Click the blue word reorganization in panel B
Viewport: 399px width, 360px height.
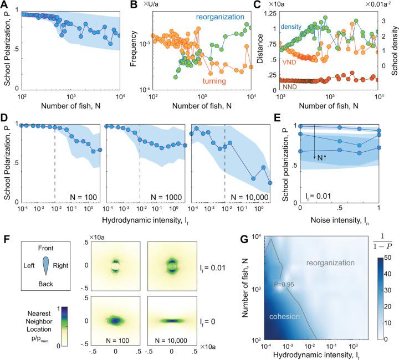pos(222,18)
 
